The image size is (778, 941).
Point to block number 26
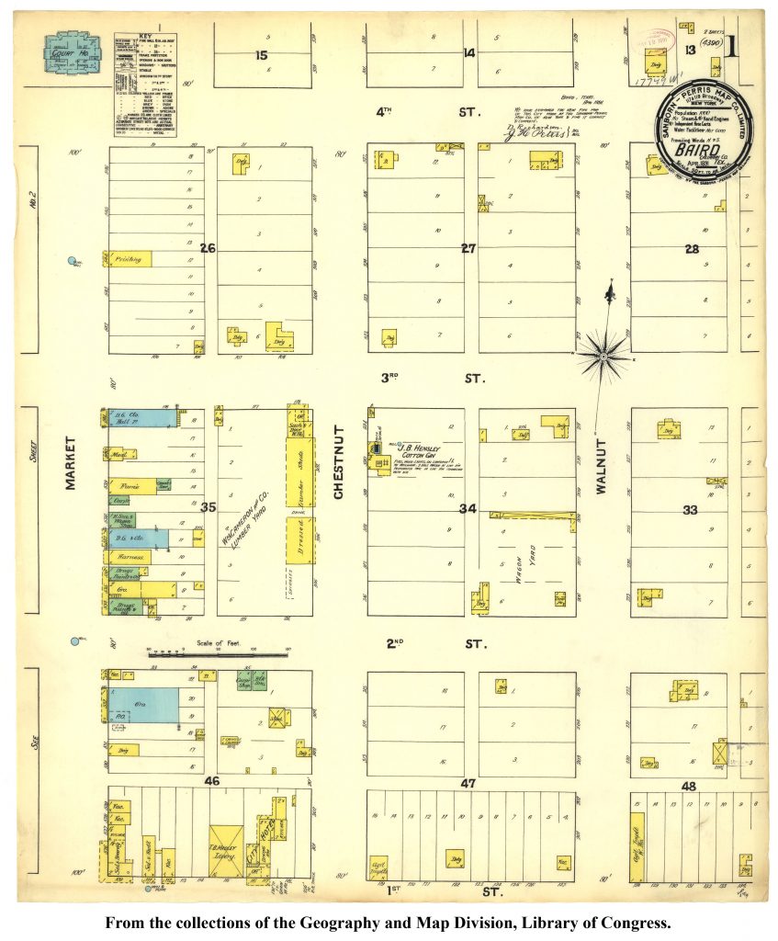[209, 247]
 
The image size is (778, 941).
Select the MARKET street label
[71, 462]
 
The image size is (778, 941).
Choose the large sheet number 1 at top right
[732, 45]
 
